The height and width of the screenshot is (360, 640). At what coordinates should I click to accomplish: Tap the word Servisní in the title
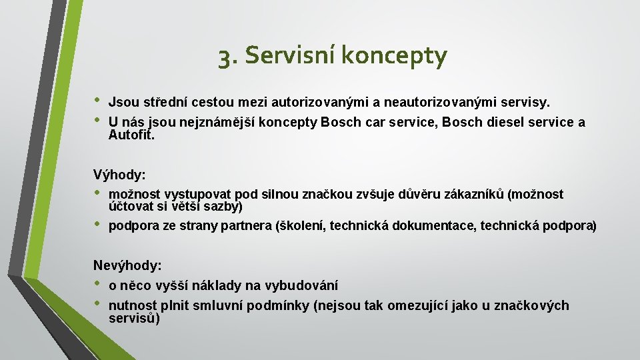[289, 56]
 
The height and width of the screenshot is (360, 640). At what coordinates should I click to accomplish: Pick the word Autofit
[131, 135]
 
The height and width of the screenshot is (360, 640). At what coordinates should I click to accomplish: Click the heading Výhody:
[119, 175]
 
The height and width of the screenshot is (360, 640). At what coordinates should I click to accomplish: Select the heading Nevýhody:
[127, 265]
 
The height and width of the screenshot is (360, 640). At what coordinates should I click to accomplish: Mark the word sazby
[221, 207]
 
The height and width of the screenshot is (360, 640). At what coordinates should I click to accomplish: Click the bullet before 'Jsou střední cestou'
[98, 101]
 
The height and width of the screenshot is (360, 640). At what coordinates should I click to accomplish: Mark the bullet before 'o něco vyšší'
[98, 284]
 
